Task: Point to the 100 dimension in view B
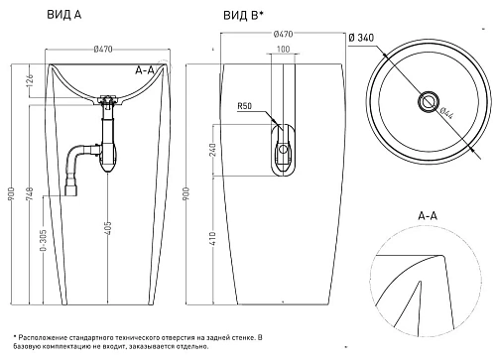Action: pyautogui.click(x=284, y=50)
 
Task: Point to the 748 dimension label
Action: pyautogui.click(x=30, y=198)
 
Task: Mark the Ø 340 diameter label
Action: pyautogui.click(x=391, y=39)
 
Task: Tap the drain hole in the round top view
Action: pyautogui.click(x=430, y=100)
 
